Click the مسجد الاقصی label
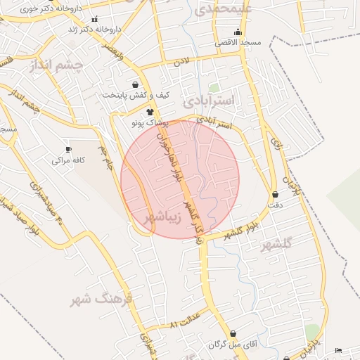coord(240,42)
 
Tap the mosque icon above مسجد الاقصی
coord(238,32)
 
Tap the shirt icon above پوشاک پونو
coord(149,111)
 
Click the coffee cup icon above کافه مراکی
coord(68,149)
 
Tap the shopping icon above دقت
coord(274,194)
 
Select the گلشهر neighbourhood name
coord(276,245)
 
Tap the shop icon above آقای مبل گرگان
coord(233,334)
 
